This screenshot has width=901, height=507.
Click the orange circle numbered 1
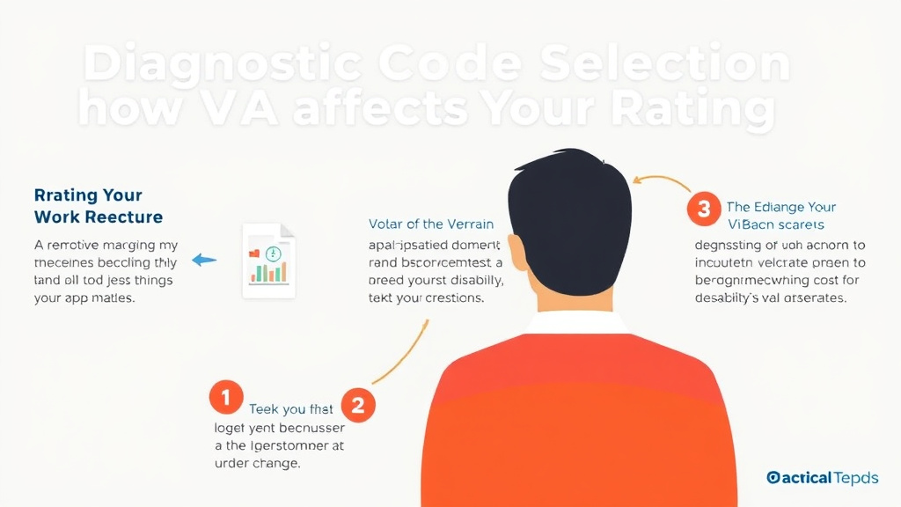pyautogui.click(x=226, y=398)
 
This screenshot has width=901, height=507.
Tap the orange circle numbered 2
pyautogui.click(x=358, y=405)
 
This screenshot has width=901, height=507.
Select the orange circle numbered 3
pyautogui.click(x=703, y=209)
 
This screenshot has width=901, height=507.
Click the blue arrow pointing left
pyautogui.click(x=204, y=260)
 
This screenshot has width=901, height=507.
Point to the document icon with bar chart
pyautogui.click(x=269, y=261)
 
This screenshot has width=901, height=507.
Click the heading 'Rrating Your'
pyautogui.click(x=88, y=195)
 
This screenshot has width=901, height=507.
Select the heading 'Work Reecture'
pyautogui.click(x=99, y=217)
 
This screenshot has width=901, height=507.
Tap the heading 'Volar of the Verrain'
pyautogui.click(x=431, y=224)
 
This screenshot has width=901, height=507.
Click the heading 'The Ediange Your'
pyautogui.click(x=781, y=208)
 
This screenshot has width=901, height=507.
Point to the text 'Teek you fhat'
pyautogui.click(x=290, y=408)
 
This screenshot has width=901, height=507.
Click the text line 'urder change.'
pyautogui.click(x=258, y=464)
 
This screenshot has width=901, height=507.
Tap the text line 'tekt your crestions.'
pyautogui.click(x=426, y=298)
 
